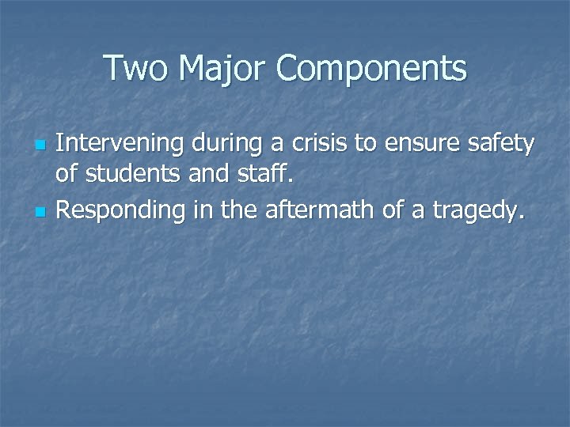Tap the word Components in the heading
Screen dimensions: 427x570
coord(371,68)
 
